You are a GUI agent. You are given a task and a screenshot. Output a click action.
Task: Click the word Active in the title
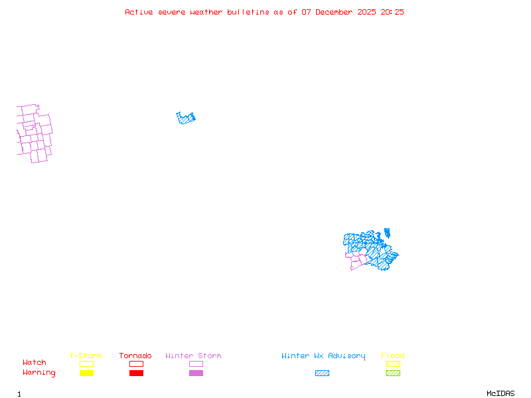pos(139,12)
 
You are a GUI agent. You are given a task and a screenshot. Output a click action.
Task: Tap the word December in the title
pos(334,12)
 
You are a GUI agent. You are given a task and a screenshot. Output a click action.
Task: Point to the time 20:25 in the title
pos(392,12)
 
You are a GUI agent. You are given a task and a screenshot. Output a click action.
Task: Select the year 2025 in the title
pos(367,12)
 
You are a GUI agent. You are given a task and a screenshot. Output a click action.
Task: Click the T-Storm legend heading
pos(86,356)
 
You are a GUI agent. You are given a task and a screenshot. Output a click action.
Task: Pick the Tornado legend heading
pos(135,356)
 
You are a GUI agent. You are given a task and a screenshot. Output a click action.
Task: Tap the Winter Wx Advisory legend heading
pos(323,356)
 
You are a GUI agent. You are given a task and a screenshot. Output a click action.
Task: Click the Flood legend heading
pos(393,356)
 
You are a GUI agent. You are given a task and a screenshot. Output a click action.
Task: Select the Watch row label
pos(35,362)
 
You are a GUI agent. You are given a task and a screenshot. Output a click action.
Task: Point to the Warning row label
pos(39,373)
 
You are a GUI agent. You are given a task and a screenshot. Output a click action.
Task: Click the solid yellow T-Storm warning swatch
pos(87,373)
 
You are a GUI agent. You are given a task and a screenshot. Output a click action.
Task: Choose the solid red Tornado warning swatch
pos(137,373)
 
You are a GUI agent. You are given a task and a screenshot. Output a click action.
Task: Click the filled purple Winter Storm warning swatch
pos(196,373)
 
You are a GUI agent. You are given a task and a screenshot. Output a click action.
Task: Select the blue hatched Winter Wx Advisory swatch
pos(322,373)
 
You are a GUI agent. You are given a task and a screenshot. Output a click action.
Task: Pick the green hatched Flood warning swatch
pos(393,373)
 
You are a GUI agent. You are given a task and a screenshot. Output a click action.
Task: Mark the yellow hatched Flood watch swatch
pos(393,364)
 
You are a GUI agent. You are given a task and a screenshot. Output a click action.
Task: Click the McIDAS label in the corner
pos(500,393)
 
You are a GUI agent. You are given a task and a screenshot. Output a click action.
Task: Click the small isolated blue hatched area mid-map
pos(185,119)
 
